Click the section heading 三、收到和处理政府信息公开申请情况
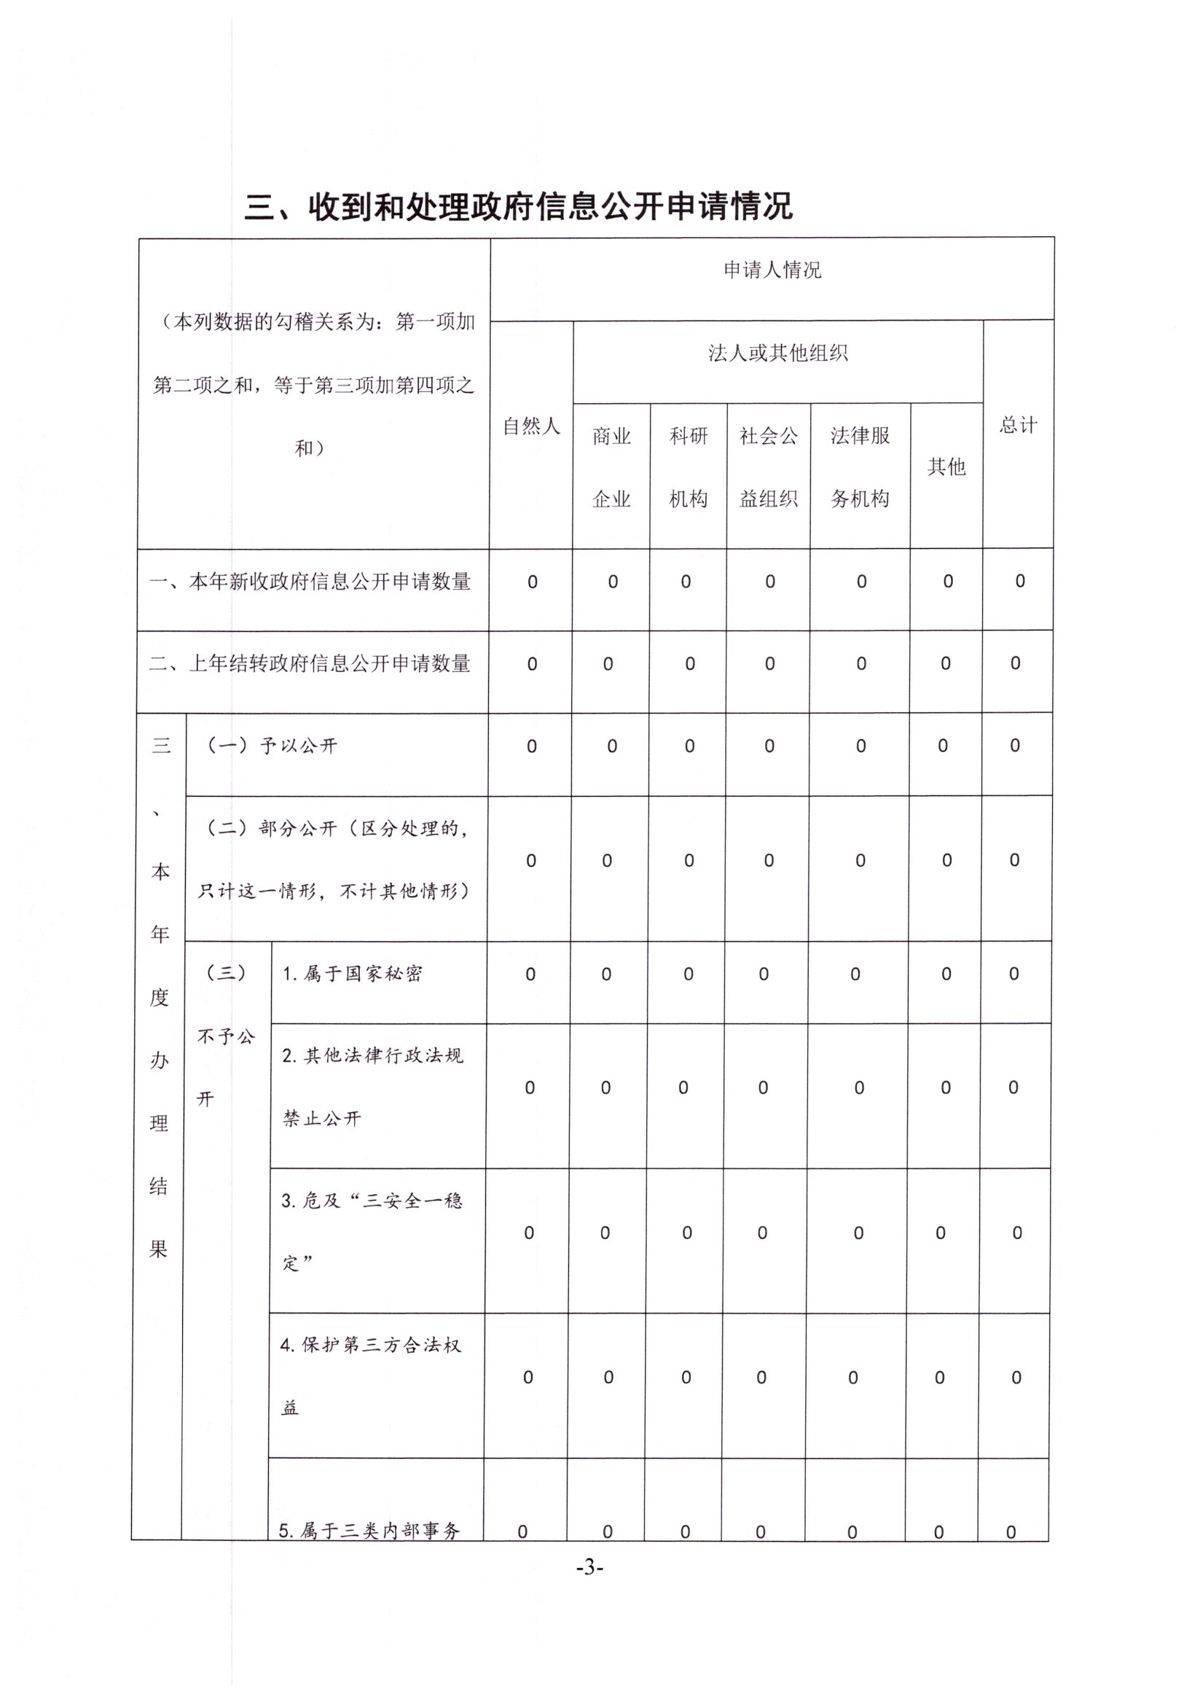(x=518, y=206)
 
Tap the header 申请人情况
(x=772, y=270)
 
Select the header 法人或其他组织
(x=777, y=353)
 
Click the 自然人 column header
(x=530, y=426)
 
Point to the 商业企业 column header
(x=611, y=467)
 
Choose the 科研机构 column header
(x=689, y=467)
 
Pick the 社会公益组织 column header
(x=769, y=467)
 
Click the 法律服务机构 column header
(x=860, y=467)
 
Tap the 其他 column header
(x=946, y=467)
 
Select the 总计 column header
(x=1019, y=425)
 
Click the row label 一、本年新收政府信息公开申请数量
(x=310, y=582)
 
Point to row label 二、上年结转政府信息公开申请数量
(x=310, y=663)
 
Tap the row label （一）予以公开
(x=271, y=746)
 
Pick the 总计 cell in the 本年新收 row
(x=1020, y=581)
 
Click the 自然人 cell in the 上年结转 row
(x=531, y=664)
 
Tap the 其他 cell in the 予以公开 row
(x=943, y=746)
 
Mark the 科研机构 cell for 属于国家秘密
(x=688, y=974)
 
